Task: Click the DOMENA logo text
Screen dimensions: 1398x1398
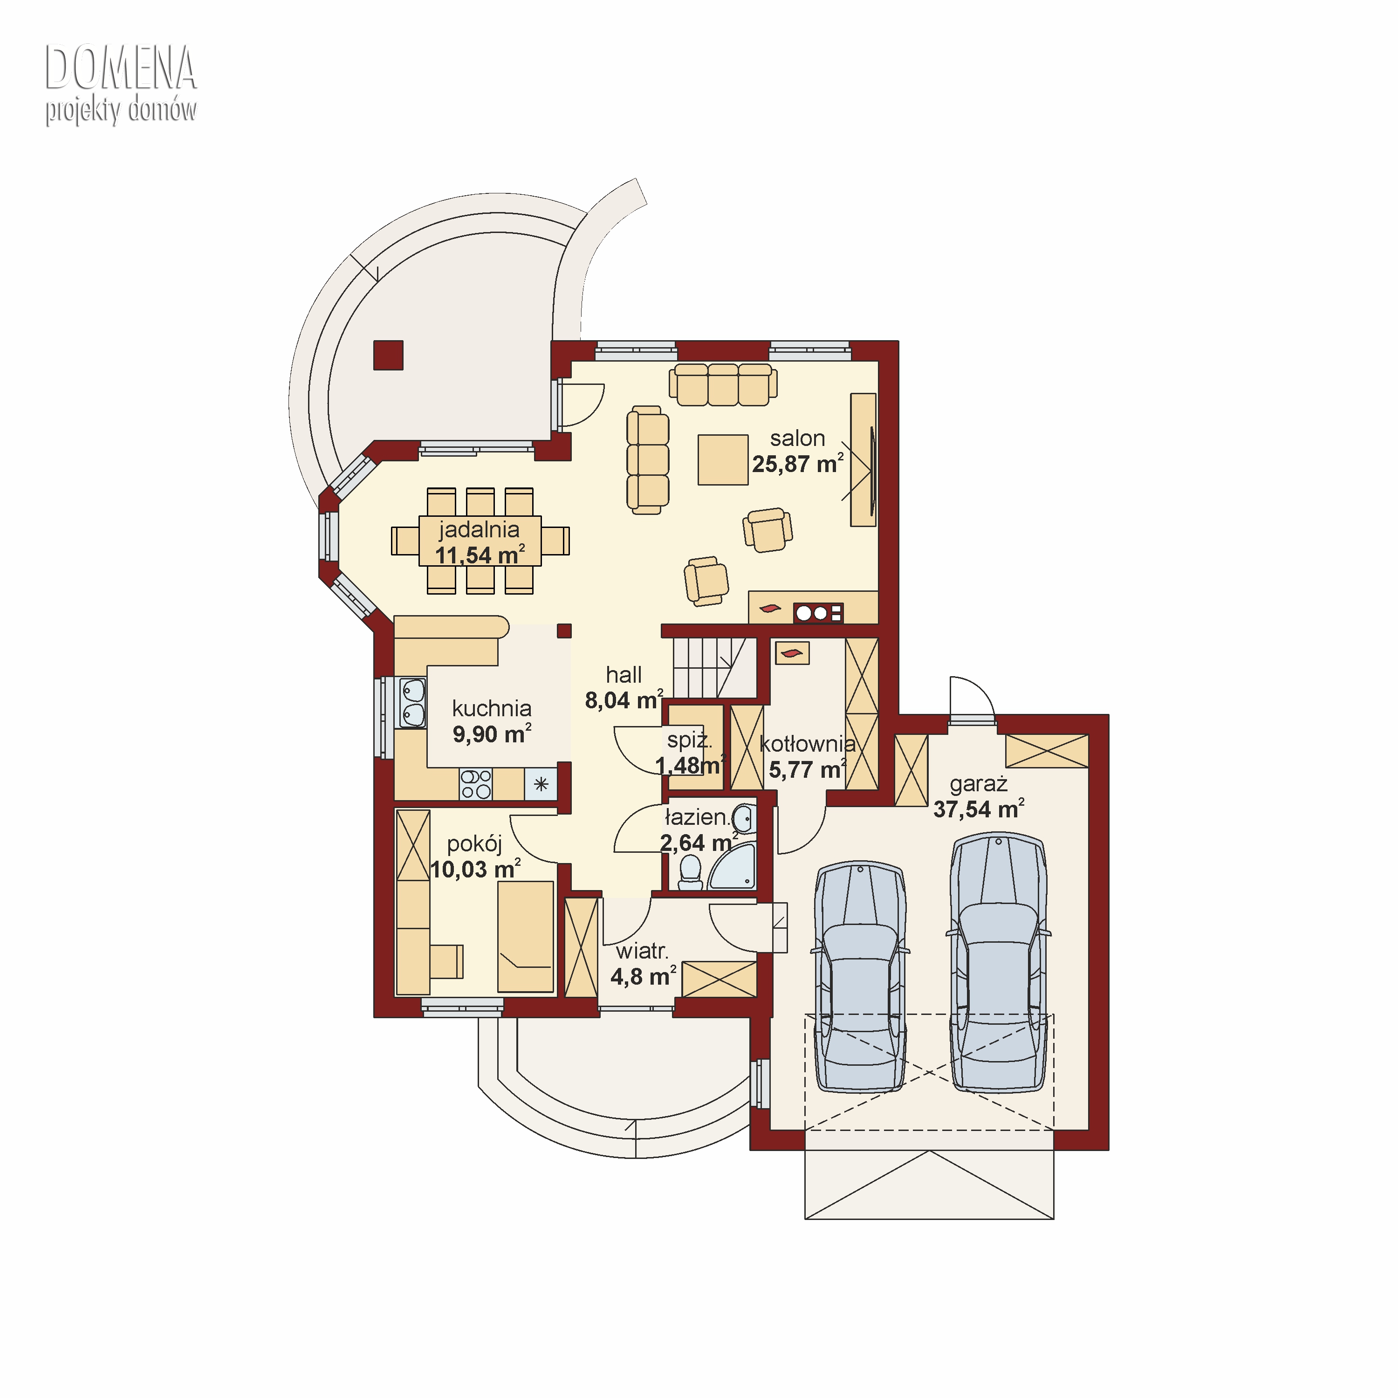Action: click(x=121, y=68)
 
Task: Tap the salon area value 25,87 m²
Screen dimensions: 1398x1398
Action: click(x=797, y=464)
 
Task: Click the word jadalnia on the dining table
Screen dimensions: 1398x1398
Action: click(x=479, y=530)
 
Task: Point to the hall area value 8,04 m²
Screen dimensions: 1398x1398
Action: click(x=624, y=700)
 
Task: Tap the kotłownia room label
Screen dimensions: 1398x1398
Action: click(x=808, y=743)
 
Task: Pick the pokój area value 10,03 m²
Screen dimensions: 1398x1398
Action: click(x=475, y=869)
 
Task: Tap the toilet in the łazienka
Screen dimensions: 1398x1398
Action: click(x=691, y=873)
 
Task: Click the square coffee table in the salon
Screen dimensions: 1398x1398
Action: click(x=723, y=459)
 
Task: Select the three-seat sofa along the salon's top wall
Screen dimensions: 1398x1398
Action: click(x=723, y=384)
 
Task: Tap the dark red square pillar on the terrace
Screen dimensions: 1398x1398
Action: click(x=388, y=355)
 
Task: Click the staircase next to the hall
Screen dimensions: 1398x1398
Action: click(x=715, y=668)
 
